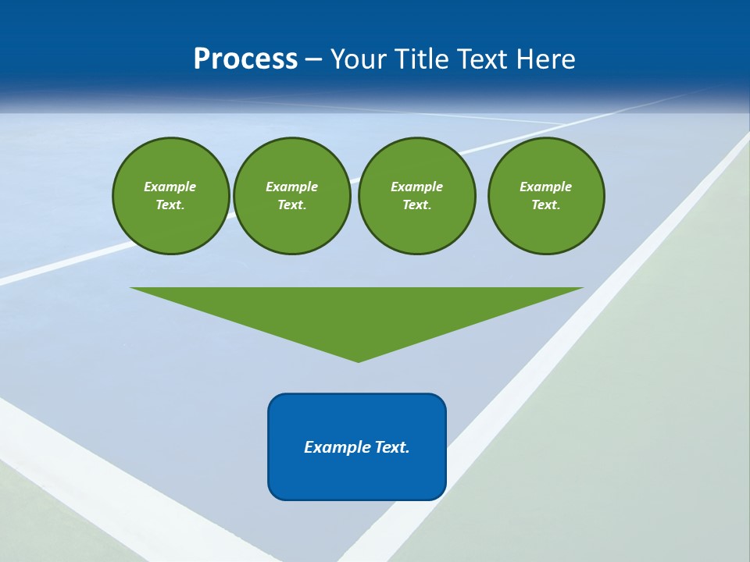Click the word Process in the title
pyautogui.click(x=245, y=59)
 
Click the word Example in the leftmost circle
pyautogui.click(x=170, y=187)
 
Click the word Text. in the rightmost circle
pyautogui.click(x=546, y=205)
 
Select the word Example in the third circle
pyautogui.click(x=416, y=187)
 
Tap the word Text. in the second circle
pyautogui.click(x=291, y=205)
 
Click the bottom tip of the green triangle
pyautogui.click(x=358, y=360)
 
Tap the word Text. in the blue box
pyautogui.click(x=392, y=447)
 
